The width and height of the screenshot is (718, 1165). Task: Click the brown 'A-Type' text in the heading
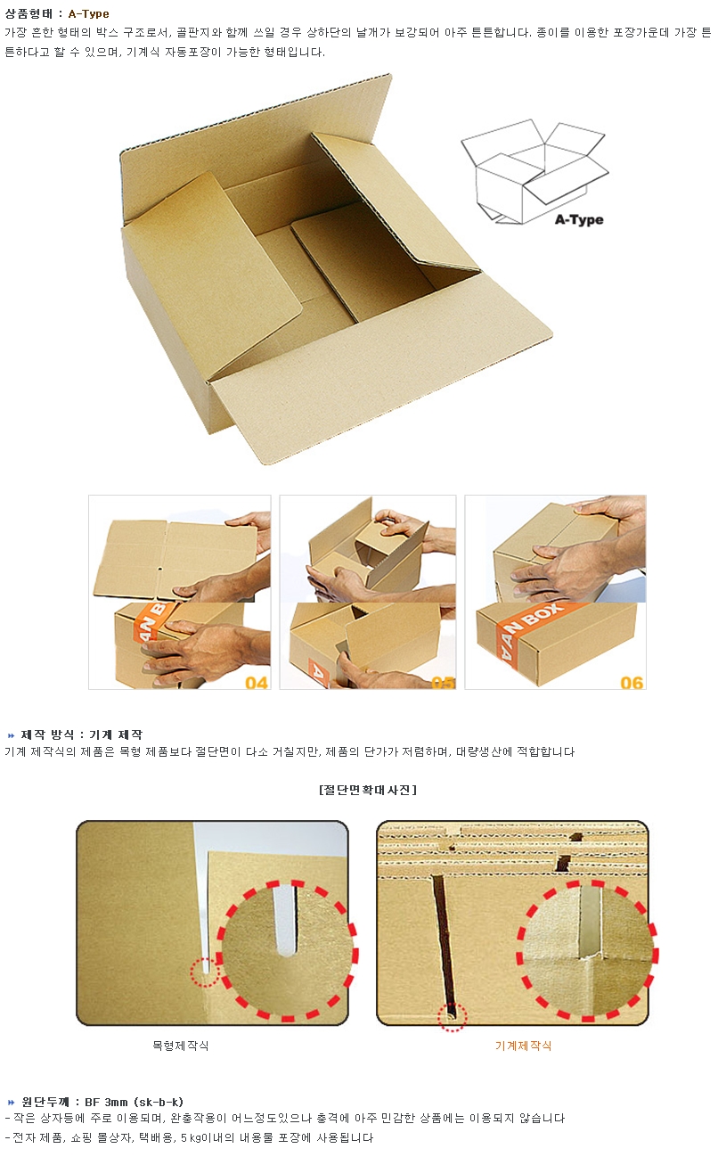(88, 13)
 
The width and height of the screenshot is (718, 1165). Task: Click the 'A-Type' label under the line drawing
(579, 219)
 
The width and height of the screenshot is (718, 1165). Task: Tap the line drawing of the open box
(534, 172)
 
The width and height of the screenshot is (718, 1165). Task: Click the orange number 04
(257, 683)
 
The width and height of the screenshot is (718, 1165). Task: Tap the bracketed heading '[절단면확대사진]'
(367, 790)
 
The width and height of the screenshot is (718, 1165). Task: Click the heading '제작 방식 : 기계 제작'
(82, 734)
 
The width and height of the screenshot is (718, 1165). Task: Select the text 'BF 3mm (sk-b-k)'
(134, 1102)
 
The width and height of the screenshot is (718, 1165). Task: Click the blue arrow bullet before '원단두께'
(12, 1102)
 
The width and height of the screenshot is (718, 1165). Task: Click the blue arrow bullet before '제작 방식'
(12, 734)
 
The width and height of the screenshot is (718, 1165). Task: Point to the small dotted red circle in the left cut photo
(204, 971)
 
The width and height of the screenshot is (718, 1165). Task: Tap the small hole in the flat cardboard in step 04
(159, 569)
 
